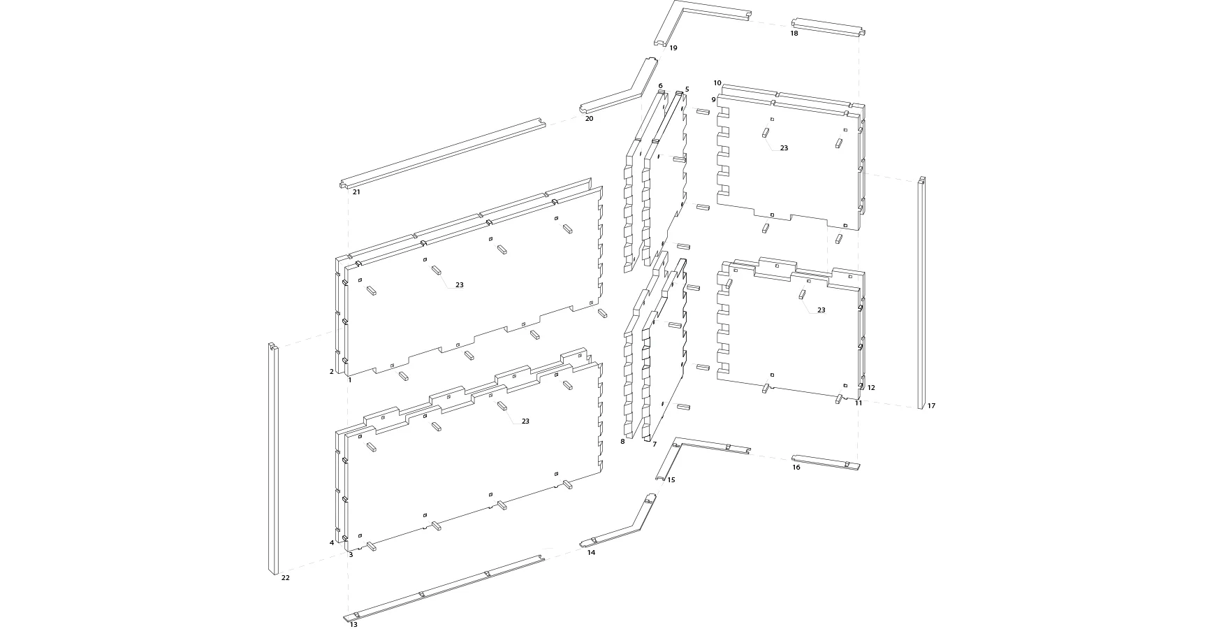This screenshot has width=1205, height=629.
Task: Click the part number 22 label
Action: [285, 578]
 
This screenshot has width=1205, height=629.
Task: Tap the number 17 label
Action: [931, 406]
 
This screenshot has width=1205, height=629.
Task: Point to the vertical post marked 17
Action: [921, 294]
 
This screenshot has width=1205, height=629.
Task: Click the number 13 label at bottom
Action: [353, 624]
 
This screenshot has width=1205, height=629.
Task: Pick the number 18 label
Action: [794, 34]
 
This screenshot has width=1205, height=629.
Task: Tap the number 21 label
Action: [356, 192]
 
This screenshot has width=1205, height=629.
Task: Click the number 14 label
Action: [591, 553]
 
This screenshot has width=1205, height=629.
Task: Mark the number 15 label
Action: [671, 480]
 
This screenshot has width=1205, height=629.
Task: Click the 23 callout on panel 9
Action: [784, 148]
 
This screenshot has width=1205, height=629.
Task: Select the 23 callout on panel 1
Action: [459, 285]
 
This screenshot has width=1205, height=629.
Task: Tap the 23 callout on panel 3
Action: [525, 421]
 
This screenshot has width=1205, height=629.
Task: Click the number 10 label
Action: [717, 83]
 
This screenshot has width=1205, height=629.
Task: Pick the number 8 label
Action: [622, 442]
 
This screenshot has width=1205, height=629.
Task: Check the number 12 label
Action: [871, 388]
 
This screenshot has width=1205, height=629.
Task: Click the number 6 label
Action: [660, 86]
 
